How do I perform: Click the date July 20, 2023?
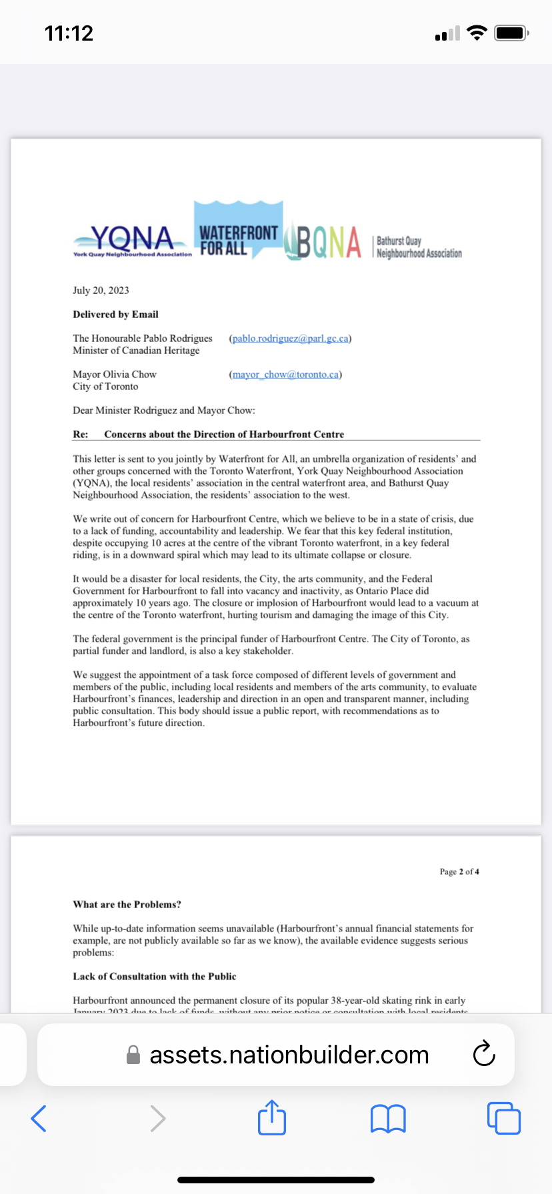click(101, 290)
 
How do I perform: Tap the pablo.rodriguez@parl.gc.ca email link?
click(290, 338)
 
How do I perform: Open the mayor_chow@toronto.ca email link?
click(285, 374)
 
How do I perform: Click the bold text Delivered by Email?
click(115, 314)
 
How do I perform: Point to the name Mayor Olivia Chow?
click(115, 374)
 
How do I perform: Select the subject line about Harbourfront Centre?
click(224, 434)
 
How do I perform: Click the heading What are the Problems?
click(127, 904)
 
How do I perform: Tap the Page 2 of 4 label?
click(459, 872)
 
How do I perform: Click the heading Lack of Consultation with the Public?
click(155, 976)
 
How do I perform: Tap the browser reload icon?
click(483, 1054)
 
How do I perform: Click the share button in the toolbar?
click(272, 1117)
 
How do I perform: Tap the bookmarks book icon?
click(388, 1119)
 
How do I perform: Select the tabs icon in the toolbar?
click(504, 1118)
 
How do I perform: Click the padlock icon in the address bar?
click(133, 1055)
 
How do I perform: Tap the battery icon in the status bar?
click(511, 33)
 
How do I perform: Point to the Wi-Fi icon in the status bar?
click(477, 33)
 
